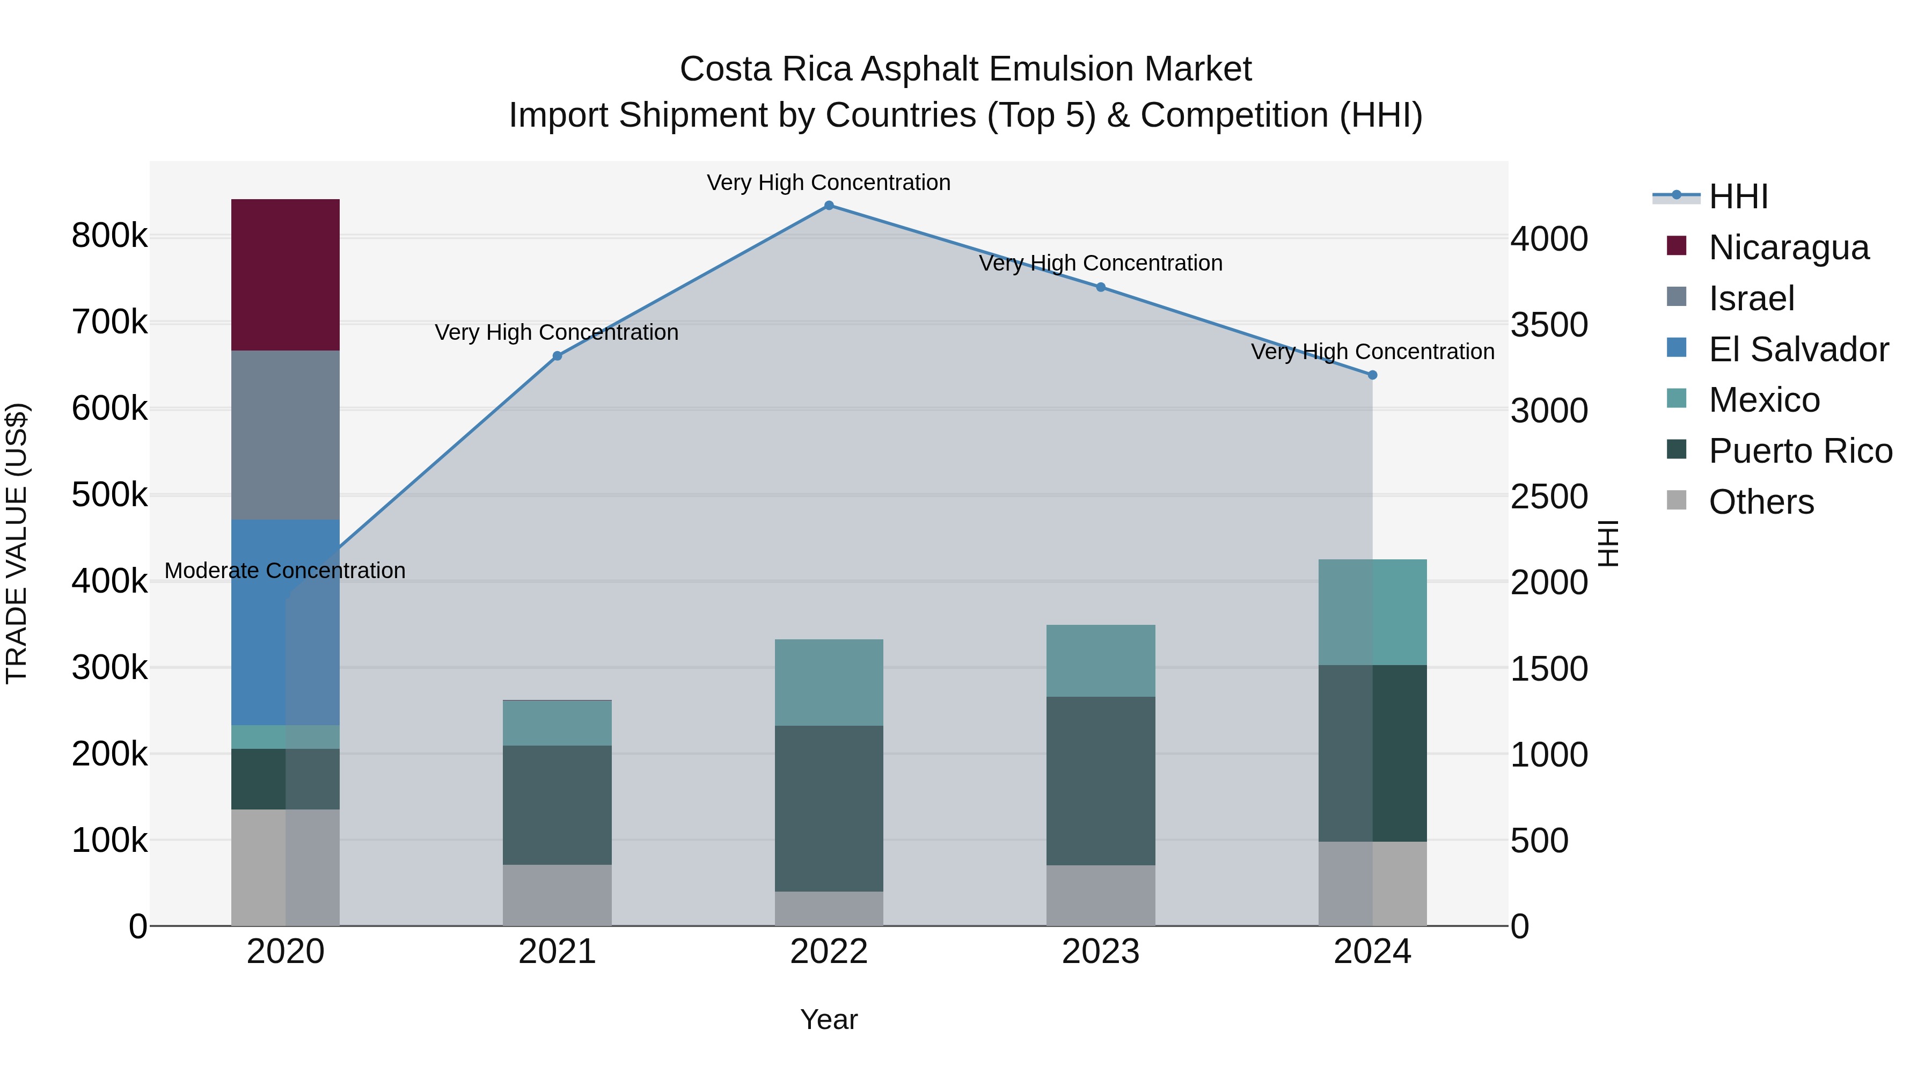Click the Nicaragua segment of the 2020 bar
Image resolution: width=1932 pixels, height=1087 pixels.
click(285, 274)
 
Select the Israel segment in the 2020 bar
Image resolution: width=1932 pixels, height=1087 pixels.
click(285, 435)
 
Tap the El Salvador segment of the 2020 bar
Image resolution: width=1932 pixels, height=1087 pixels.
click(285, 622)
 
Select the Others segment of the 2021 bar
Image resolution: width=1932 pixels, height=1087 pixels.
click(557, 894)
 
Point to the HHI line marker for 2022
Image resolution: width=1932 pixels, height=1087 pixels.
click(829, 206)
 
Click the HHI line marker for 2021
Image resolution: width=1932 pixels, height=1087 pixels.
click(557, 356)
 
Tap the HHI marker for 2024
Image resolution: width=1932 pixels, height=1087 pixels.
click(1372, 375)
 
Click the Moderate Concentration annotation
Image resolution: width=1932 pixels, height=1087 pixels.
click(285, 571)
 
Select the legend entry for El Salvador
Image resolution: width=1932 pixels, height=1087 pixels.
click(1798, 349)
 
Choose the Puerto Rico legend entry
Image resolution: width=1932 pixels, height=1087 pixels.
click(1800, 451)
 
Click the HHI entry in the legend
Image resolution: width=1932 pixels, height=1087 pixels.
click(1738, 196)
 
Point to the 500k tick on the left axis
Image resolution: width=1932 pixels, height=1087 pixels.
click(109, 495)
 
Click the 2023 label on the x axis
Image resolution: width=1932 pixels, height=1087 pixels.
click(1100, 952)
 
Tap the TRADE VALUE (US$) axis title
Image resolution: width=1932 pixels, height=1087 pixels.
click(17, 543)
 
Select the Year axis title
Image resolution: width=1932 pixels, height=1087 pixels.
click(829, 1019)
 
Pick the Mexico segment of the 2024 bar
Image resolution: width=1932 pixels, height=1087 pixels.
click(1372, 612)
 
